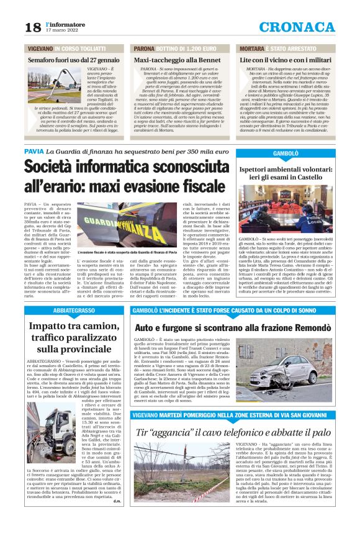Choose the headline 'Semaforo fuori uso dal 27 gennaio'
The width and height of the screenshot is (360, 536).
(74, 60)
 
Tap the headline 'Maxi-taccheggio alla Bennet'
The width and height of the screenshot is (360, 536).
(177, 60)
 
